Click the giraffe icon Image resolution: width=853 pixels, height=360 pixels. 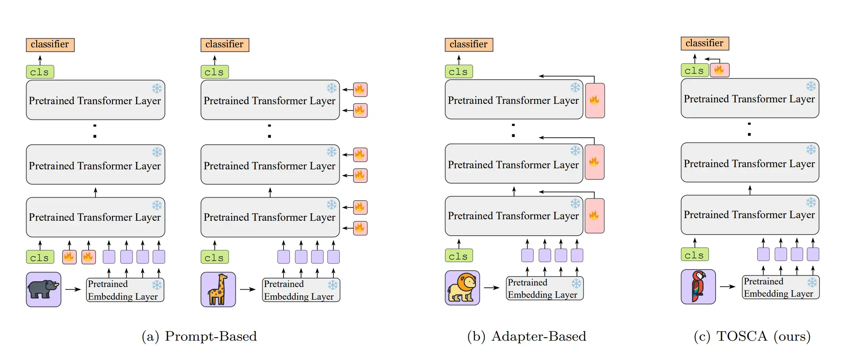(x=218, y=289)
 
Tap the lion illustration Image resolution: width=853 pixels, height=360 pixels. (x=462, y=288)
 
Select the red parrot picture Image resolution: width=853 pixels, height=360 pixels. (x=698, y=287)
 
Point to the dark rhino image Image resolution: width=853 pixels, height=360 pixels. (x=44, y=289)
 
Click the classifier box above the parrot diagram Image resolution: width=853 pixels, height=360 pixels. (x=704, y=43)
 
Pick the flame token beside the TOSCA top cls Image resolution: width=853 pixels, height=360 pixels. (x=719, y=70)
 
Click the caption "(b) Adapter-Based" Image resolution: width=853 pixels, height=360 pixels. (x=526, y=336)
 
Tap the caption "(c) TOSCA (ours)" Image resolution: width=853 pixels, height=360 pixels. (x=752, y=336)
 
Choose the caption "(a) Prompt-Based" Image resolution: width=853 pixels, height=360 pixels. (x=199, y=336)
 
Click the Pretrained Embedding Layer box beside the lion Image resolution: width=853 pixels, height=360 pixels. (x=544, y=288)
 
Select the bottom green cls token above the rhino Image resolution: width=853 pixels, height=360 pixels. (x=40, y=257)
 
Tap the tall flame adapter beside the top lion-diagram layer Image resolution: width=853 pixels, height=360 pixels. (x=594, y=101)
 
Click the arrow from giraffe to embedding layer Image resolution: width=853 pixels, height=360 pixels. (x=248, y=289)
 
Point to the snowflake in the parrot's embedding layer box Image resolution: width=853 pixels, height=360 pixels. (x=812, y=282)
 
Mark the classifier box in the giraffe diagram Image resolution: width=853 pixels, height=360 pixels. (x=225, y=45)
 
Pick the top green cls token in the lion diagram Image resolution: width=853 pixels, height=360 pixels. (x=459, y=71)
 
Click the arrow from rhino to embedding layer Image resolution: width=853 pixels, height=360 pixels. (x=73, y=289)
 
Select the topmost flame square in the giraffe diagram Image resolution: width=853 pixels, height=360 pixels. (x=360, y=90)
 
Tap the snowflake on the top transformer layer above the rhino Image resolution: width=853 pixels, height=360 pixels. (x=157, y=88)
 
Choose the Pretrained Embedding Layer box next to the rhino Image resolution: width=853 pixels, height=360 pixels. (x=125, y=290)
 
